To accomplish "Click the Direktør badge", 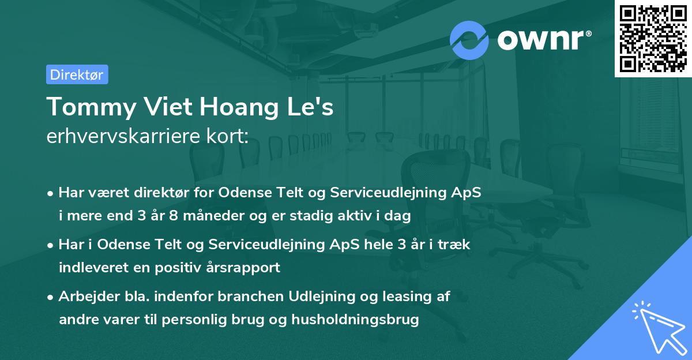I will [77, 74].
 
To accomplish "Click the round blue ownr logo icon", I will [469, 40].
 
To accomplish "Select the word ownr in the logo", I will [542, 40].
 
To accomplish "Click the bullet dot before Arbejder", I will [51, 297].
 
